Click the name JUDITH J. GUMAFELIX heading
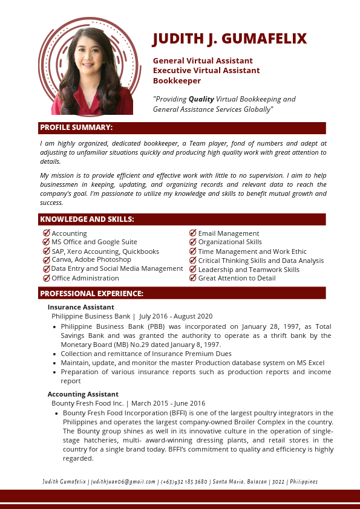[230, 39]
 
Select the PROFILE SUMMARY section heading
[76, 128]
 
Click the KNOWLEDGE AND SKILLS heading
[87, 219]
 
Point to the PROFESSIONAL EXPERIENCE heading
[91, 294]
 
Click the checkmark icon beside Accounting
[47, 233]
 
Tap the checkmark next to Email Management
[193, 233]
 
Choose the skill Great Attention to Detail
[237, 278]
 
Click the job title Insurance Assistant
[80, 307]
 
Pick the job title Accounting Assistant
[83, 394]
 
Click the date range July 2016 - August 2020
[175, 316]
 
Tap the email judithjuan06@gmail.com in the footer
[123, 482]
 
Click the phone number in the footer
[184, 482]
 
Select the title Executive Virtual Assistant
[206, 71]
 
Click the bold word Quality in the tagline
[201, 99]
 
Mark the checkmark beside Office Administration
[47, 278]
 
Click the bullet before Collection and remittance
[55, 354]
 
